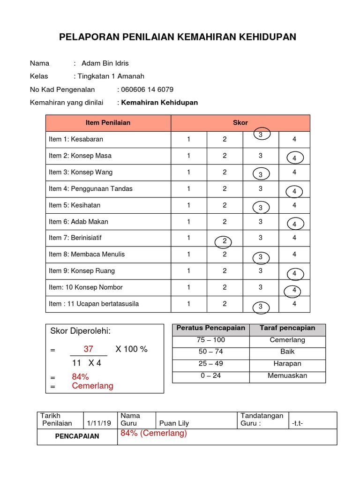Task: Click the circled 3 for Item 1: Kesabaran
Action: (x=261, y=135)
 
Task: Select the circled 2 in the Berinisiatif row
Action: (x=225, y=241)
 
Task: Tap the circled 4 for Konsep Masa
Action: (x=294, y=158)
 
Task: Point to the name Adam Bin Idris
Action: (x=105, y=63)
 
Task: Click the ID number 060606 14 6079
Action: (x=147, y=90)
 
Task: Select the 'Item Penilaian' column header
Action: (x=108, y=123)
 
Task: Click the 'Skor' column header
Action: (x=240, y=123)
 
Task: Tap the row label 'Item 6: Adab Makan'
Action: (x=78, y=222)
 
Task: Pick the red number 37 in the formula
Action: (x=89, y=349)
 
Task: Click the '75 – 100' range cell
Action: (x=211, y=340)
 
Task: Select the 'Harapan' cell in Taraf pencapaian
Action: (x=287, y=364)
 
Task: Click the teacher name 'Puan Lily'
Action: (x=174, y=423)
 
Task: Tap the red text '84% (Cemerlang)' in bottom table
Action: (x=154, y=434)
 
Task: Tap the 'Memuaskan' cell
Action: (x=287, y=375)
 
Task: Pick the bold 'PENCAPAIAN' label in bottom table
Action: (x=77, y=436)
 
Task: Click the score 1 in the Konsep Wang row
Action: (x=189, y=172)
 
